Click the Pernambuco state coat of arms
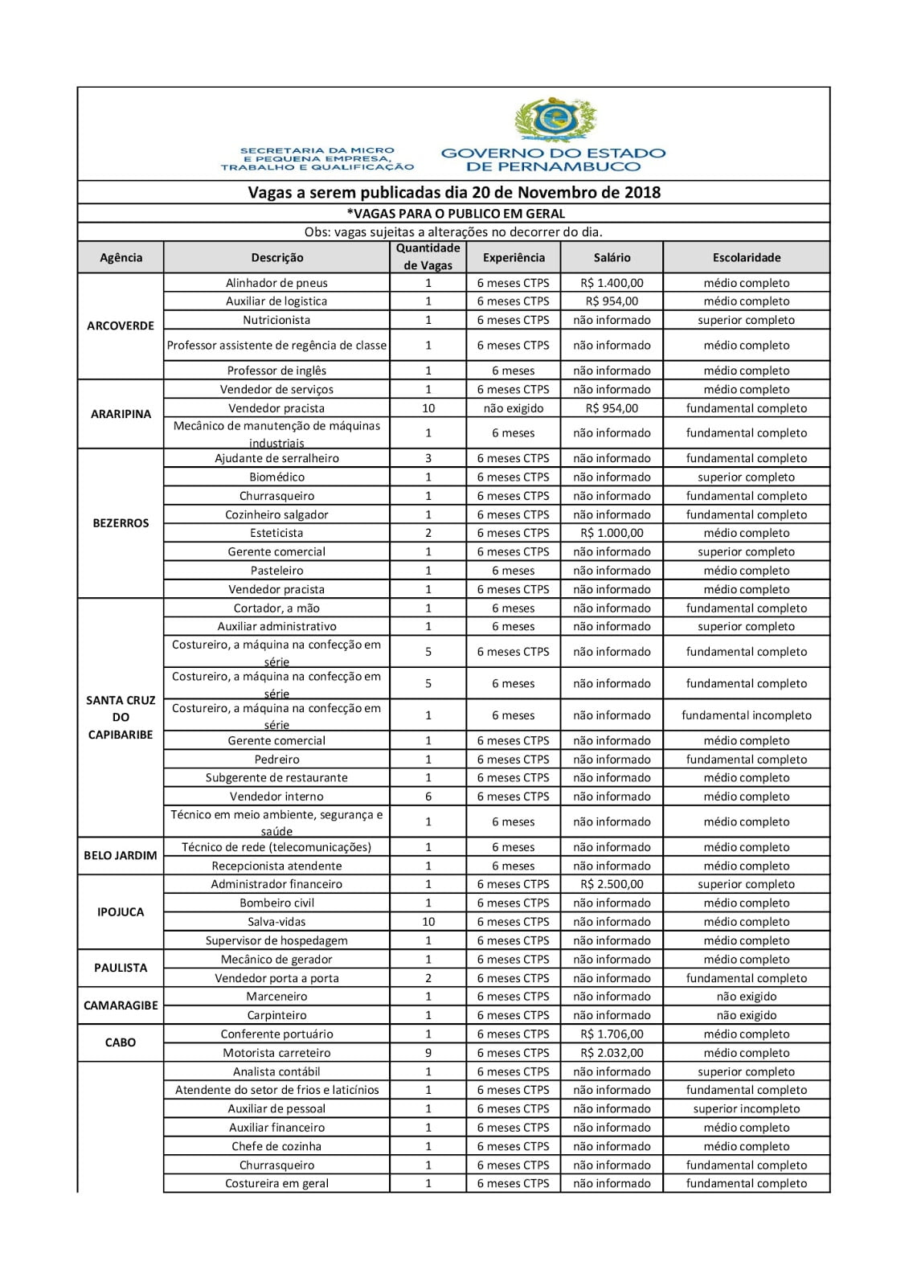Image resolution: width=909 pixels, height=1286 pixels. [x=555, y=121]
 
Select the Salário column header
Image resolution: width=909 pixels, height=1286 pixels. [x=612, y=258]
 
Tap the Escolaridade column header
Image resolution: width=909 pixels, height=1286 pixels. [x=746, y=258]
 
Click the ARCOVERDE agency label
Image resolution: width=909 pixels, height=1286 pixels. [x=121, y=326]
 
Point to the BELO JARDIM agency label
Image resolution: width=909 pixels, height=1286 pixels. [x=121, y=855]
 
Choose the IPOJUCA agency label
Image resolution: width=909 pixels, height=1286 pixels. [x=121, y=912]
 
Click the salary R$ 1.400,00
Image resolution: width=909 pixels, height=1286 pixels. [x=612, y=283]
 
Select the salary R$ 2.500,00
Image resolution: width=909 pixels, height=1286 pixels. [x=612, y=884]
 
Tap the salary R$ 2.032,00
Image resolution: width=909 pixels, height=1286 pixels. [x=612, y=1053]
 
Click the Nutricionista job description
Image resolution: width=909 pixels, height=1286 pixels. [x=276, y=320]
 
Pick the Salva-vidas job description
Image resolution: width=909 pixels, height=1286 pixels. [x=276, y=922]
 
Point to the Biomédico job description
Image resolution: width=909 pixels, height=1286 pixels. [x=276, y=477]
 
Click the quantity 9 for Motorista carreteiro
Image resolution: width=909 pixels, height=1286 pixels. [x=428, y=1053]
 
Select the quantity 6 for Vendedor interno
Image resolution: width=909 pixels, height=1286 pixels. [x=428, y=797]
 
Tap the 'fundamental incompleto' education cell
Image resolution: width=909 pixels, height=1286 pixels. [x=746, y=715]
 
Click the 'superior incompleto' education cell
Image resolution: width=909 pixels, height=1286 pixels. [x=746, y=1109]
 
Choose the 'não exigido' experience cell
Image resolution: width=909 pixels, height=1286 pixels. [x=514, y=408]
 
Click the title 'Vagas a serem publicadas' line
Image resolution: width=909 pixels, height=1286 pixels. [x=454, y=192]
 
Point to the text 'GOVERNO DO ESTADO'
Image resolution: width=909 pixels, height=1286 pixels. [x=553, y=153]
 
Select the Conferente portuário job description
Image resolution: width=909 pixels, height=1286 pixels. [x=276, y=1034]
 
